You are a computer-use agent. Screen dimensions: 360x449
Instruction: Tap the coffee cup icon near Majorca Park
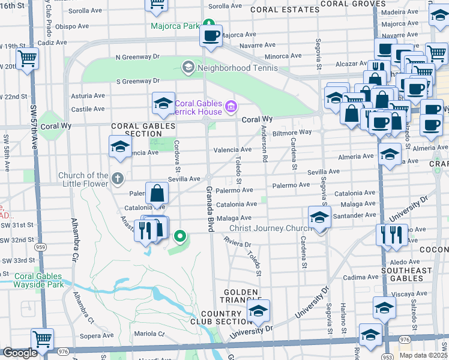(x=211, y=36)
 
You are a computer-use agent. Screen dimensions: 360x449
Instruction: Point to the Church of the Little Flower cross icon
(x=118, y=178)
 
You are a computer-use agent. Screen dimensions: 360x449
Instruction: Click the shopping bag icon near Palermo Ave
(x=157, y=193)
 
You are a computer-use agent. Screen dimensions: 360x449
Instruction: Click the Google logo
(x=20, y=353)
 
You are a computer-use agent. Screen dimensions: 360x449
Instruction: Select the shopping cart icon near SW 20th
(x=27, y=59)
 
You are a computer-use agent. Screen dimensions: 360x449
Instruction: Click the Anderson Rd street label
(x=264, y=148)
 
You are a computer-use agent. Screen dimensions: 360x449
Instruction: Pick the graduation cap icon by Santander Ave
(x=319, y=218)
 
